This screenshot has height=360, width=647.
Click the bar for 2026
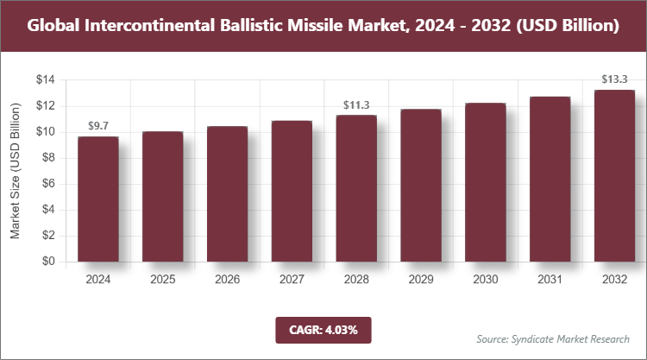[227, 193]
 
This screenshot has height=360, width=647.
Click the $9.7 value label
[97, 126]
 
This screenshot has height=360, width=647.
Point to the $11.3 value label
[356, 105]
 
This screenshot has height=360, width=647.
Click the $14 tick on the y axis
[45, 80]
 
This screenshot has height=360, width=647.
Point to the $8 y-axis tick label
[48, 158]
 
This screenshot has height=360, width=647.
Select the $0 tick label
[48, 262]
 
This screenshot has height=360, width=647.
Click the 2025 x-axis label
[162, 280]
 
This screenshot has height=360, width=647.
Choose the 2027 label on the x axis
[292, 280]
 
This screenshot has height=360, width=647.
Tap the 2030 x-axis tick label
[486, 280]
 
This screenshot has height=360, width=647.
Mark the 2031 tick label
[550, 280]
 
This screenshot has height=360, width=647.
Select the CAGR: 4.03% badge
[323, 329]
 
